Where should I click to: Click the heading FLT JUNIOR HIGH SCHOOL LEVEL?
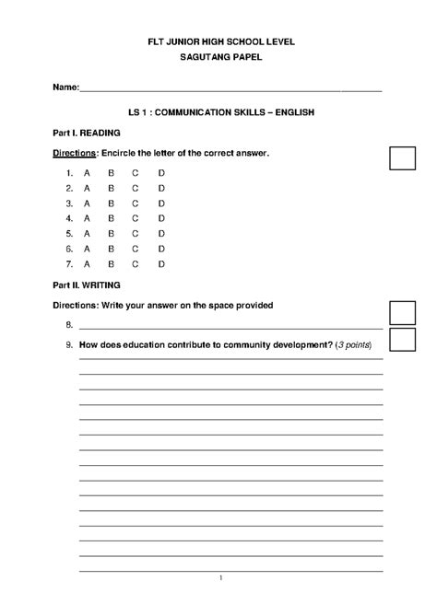point(221,42)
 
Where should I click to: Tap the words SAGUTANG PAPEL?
point(221,57)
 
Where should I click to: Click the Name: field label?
point(65,87)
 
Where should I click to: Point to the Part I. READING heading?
point(87,133)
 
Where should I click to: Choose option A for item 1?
point(87,173)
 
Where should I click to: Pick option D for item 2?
point(161,188)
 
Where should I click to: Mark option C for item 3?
point(136,203)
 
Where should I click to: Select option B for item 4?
point(111,218)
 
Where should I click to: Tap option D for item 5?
point(161,233)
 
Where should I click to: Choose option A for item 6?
point(87,249)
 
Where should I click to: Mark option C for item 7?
point(136,263)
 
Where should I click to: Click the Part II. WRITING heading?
point(87,285)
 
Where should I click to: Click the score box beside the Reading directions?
point(402,157)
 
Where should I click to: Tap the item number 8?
point(69,326)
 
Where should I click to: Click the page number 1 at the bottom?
point(221,578)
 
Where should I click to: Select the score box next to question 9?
point(402,340)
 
